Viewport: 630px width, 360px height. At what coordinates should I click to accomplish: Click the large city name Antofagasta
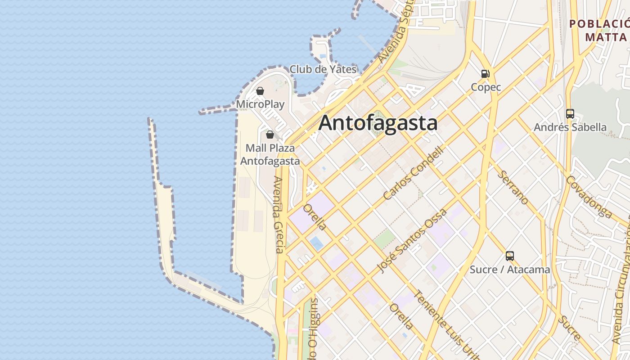[x=378, y=123]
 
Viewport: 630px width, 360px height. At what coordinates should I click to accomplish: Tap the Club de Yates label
[x=323, y=69]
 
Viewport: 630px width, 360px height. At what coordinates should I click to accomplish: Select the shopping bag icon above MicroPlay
[x=260, y=91]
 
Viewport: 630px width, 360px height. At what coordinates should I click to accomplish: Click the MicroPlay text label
[x=260, y=104]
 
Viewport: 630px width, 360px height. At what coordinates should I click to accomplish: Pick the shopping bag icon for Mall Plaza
[x=270, y=134]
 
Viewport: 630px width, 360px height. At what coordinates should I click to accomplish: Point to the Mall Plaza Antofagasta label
[x=270, y=154]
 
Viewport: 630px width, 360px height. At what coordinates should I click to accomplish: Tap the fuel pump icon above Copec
[x=485, y=73]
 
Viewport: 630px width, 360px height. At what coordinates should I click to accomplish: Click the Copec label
[x=486, y=87]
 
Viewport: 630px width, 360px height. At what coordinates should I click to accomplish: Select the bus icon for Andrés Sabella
[x=570, y=113]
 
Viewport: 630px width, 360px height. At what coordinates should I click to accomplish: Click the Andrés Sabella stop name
[x=570, y=127]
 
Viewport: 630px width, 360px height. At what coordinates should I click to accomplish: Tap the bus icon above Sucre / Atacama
[x=509, y=256]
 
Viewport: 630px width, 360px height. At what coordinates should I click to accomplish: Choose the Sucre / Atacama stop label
[x=509, y=270]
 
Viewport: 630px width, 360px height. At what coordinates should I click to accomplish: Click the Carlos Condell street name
[x=414, y=173]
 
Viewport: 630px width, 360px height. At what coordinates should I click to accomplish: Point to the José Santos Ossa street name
[x=412, y=241]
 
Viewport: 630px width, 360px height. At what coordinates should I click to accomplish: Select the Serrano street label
[x=514, y=187]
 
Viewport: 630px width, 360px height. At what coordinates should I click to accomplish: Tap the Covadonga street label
[x=589, y=197]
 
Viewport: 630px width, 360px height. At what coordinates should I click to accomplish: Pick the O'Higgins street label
[x=314, y=328]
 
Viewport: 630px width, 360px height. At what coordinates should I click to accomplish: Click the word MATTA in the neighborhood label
[x=606, y=36]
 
